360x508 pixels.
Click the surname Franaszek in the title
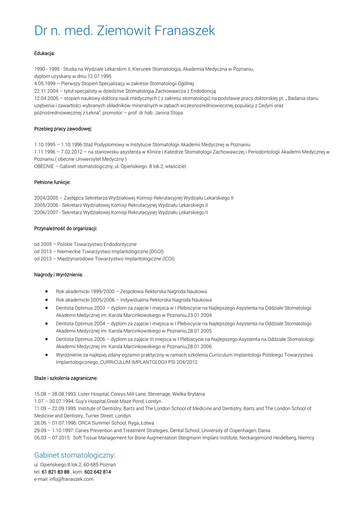(185, 31)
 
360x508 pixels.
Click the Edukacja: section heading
(44, 53)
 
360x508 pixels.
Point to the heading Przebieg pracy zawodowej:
(63, 129)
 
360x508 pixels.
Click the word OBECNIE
(44, 166)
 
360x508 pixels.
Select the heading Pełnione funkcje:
(52, 182)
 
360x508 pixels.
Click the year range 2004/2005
(45, 197)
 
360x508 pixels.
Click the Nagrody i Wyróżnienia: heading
(59, 274)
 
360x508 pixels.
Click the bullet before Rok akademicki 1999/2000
(46, 292)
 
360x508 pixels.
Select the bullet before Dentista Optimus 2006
(46, 339)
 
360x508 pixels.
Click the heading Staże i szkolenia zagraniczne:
(66, 378)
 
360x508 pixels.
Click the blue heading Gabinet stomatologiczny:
(74, 455)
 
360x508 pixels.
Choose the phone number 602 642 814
(98, 472)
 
